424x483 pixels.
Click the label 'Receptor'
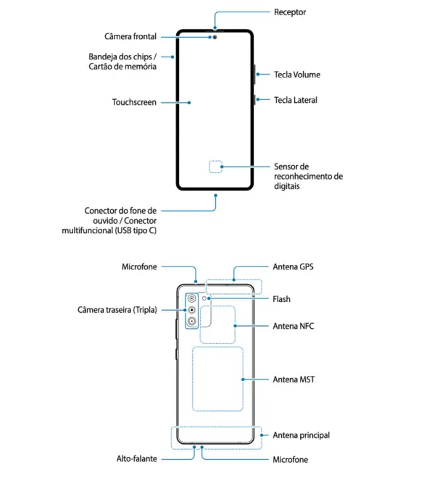[290, 12]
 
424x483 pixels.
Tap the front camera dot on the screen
[215, 36]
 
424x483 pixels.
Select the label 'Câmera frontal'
[130, 36]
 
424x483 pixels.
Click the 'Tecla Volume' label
[296, 75]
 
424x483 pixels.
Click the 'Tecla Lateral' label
[295, 100]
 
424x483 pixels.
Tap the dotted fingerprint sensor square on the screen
[215, 167]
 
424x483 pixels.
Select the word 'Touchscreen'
[134, 102]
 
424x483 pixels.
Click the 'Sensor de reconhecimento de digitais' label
[307, 176]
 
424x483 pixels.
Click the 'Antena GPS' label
[293, 266]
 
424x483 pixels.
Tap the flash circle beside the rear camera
[207, 298]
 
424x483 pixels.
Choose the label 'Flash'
[282, 299]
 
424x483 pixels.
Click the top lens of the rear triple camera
[191, 298]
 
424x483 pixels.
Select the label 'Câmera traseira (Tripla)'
[117, 310]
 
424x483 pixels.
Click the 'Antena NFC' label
[293, 326]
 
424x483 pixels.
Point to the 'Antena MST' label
[294, 379]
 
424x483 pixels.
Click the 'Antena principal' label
[301, 435]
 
